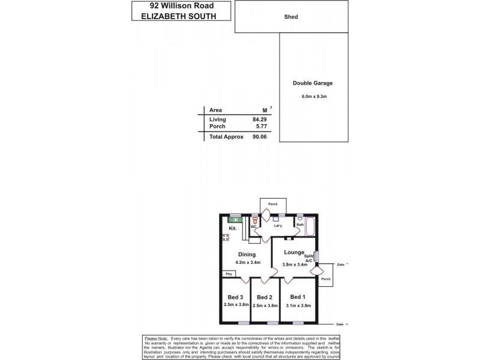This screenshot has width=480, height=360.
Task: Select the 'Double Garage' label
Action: coord(313,83)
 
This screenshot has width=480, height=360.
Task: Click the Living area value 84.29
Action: coord(259,120)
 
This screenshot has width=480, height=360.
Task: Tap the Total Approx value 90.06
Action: coord(259,137)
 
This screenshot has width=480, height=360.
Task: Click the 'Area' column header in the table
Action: coord(215,110)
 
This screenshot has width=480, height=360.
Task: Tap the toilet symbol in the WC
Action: coord(255,221)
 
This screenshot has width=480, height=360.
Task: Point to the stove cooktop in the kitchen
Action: coord(226,238)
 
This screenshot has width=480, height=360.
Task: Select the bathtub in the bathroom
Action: coord(311,227)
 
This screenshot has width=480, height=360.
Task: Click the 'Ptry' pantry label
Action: coord(228,274)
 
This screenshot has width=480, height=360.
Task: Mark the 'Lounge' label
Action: coord(294,253)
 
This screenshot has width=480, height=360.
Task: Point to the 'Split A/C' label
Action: coord(308,257)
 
